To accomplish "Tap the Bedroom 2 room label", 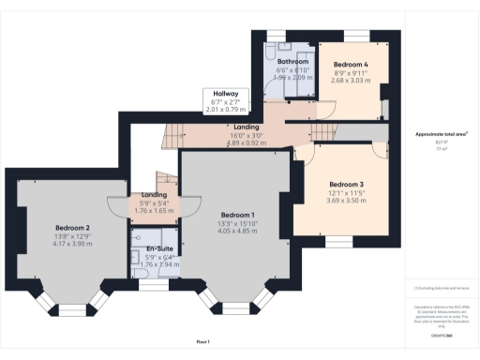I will coord(72,228).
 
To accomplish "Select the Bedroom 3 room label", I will coord(347,185).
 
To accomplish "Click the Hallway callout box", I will coord(225,101).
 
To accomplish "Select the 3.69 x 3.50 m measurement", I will coord(347,201).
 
